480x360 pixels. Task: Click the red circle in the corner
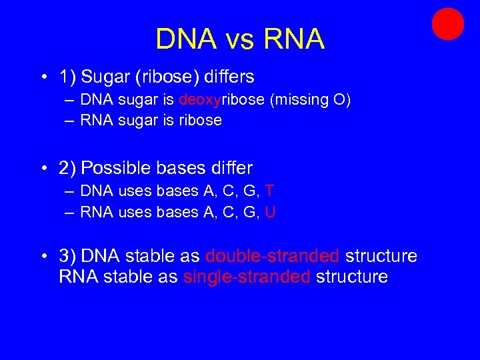(x=447, y=24)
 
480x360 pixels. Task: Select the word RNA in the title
(x=294, y=39)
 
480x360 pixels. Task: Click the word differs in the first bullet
(x=225, y=77)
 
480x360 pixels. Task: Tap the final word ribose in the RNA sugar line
(x=200, y=121)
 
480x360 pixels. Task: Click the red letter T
(x=269, y=191)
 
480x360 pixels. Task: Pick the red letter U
(x=270, y=212)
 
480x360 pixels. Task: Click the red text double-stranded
(x=273, y=257)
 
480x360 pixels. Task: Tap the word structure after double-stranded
(x=381, y=257)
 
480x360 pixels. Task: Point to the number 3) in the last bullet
(x=67, y=257)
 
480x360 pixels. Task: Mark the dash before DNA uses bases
(x=70, y=191)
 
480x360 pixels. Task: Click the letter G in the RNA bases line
(x=249, y=212)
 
